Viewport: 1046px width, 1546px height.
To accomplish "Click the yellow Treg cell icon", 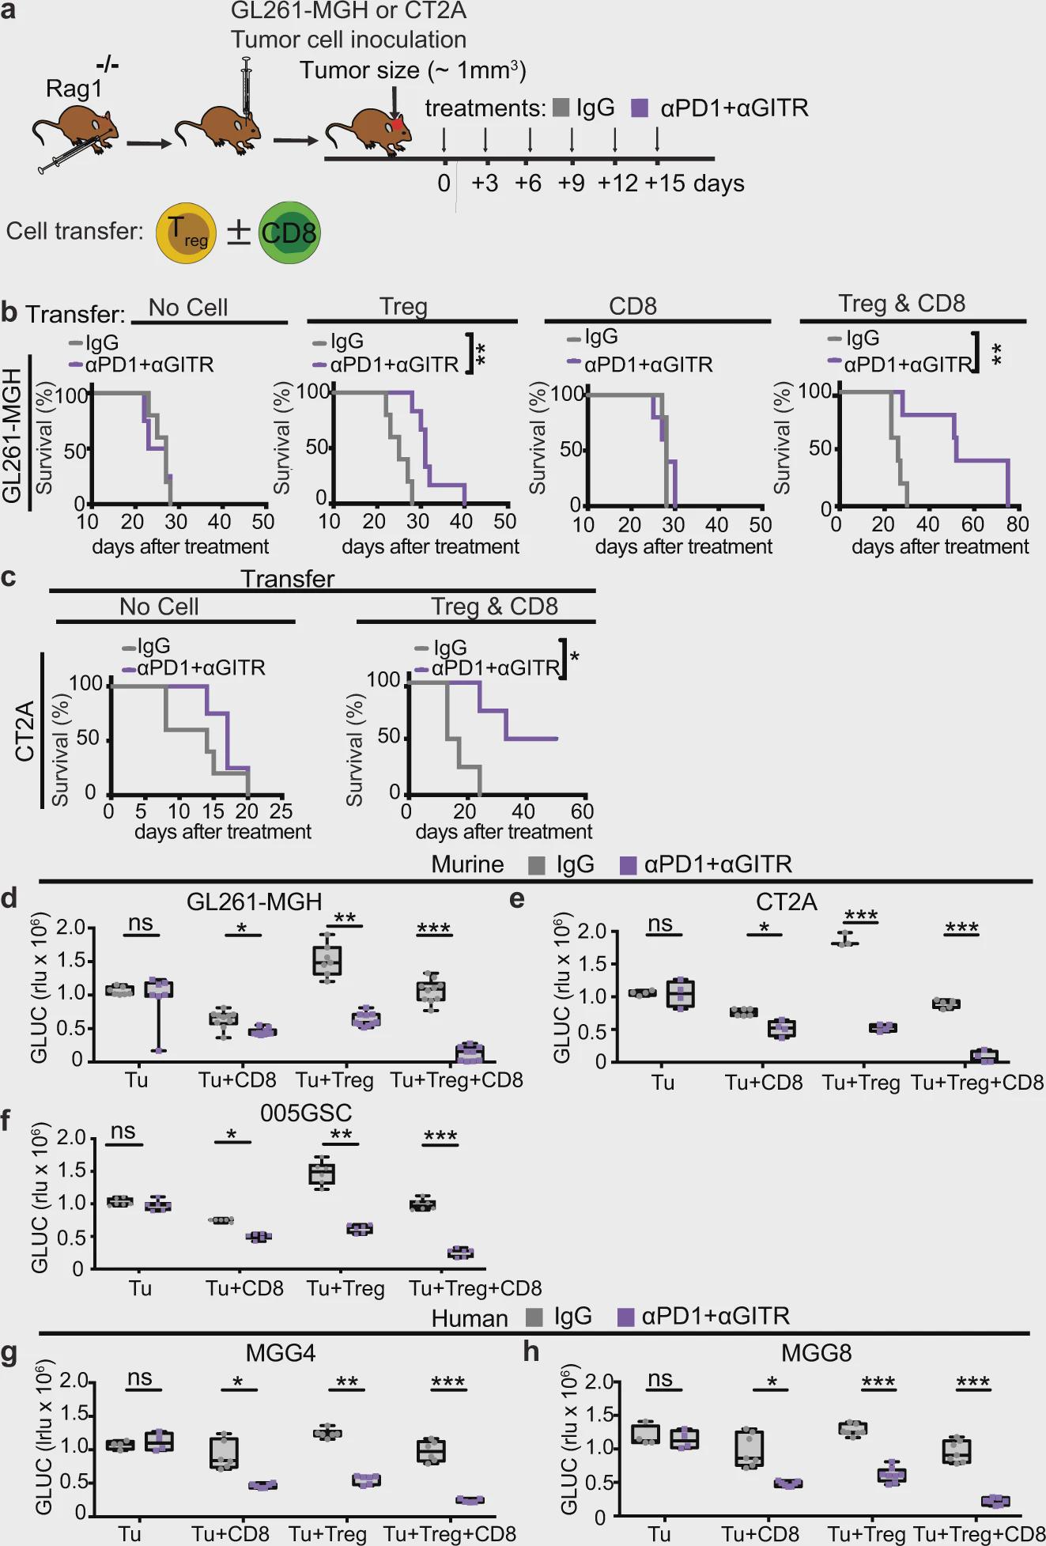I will point(187,232).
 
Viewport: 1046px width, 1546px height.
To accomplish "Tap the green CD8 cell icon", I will point(289,232).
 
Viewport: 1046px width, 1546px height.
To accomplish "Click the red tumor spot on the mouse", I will point(397,124).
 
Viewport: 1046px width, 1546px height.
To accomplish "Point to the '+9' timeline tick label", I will point(571,183).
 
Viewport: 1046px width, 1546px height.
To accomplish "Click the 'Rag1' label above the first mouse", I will point(74,89).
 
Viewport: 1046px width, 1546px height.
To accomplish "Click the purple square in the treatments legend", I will point(640,108).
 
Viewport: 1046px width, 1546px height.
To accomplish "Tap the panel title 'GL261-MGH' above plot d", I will point(254,902).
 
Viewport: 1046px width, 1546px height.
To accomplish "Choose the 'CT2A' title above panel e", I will point(786,902).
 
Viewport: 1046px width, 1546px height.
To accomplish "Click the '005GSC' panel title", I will point(306,1113).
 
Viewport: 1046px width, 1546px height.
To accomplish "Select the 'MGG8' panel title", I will point(816,1352).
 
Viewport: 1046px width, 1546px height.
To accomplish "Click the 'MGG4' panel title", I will point(280,1352).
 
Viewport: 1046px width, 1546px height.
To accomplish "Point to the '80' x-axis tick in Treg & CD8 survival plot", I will point(1018,524).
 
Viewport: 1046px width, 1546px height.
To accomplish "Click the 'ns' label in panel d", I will point(140,923).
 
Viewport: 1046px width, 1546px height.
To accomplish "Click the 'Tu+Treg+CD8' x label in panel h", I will point(979,1534).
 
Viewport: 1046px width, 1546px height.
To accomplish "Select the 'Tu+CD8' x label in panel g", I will point(230,1534).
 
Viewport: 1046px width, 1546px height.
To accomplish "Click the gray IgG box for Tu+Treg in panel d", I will point(327,960).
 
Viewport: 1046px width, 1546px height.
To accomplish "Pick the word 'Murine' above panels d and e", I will point(467,864).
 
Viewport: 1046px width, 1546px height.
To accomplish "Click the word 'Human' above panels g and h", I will point(470,1318).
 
